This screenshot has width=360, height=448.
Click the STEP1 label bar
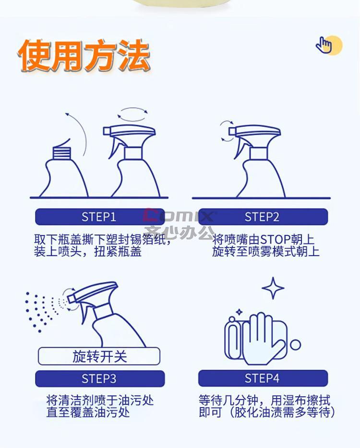(x=100, y=217)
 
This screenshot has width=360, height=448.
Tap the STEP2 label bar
(x=263, y=217)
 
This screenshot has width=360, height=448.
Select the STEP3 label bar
(x=100, y=378)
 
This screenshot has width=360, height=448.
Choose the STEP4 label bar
(x=263, y=378)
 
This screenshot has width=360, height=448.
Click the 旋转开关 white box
(x=99, y=356)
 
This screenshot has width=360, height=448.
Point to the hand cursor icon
(x=324, y=45)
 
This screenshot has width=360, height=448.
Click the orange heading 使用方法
(x=84, y=55)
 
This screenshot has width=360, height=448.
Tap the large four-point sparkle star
(x=273, y=288)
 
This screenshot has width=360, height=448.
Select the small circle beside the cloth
(x=296, y=345)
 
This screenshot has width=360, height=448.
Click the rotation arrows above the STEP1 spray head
(x=132, y=114)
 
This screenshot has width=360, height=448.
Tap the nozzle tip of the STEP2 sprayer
(x=232, y=131)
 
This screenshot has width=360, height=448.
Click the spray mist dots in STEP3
(x=43, y=311)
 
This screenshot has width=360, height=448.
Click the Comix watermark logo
(x=179, y=216)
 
